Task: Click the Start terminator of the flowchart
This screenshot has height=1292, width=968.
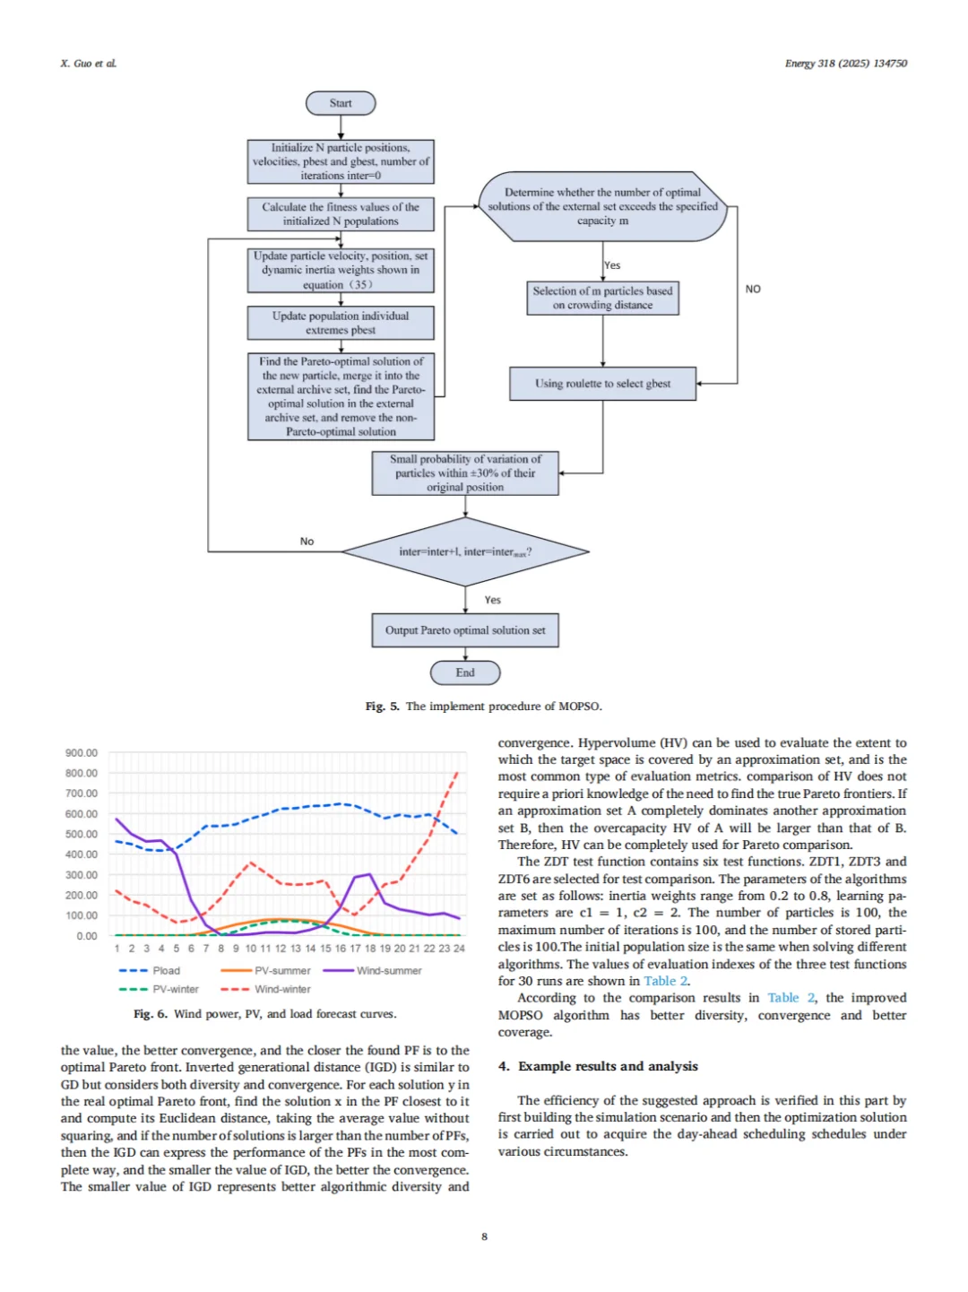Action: [341, 103]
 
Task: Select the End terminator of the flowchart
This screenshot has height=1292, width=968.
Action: [465, 672]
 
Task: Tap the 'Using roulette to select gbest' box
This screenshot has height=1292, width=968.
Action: [602, 384]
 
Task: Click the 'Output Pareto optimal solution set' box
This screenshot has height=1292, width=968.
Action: [465, 630]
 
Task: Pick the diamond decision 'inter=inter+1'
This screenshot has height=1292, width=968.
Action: [465, 551]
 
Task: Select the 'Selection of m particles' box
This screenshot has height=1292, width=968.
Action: [602, 298]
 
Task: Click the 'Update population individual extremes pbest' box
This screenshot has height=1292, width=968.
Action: [341, 323]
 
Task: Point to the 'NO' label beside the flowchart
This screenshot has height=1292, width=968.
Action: [753, 289]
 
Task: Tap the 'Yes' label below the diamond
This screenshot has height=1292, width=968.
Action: [492, 600]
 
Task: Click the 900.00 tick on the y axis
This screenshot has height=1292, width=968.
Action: [82, 753]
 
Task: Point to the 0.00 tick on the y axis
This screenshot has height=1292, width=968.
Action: [87, 936]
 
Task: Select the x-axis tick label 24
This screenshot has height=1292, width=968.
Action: [459, 949]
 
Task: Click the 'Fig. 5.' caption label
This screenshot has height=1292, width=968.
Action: [382, 707]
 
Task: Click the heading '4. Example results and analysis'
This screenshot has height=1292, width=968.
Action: [598, 1066]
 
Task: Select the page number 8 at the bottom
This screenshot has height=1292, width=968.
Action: [484, 1236]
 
